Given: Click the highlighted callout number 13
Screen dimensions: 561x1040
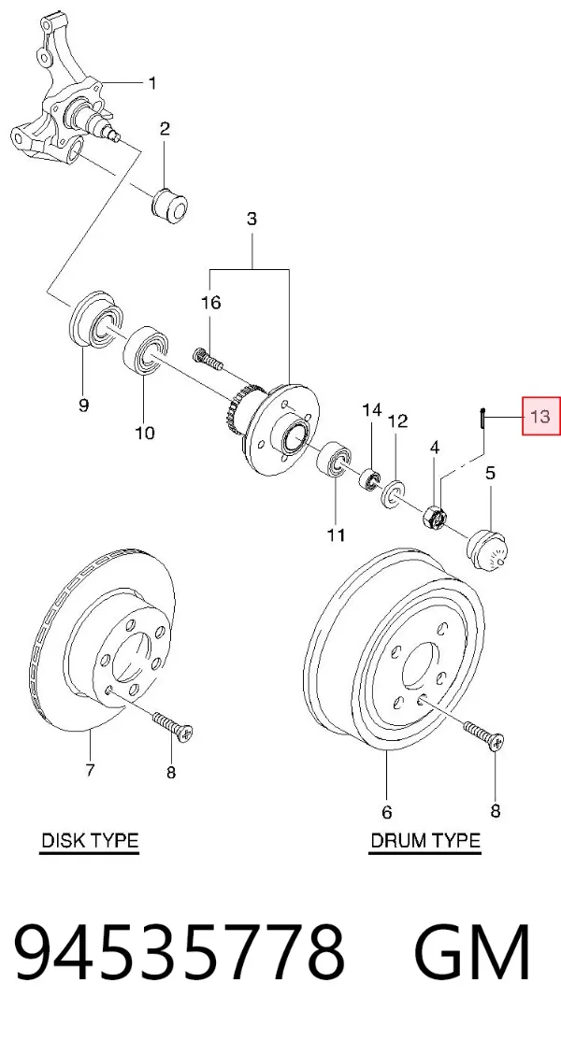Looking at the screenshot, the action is (x=541, y=416).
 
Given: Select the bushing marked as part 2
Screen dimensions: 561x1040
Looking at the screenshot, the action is (x=169, y=204).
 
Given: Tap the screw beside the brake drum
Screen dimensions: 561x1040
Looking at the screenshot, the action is (x=484, y=733).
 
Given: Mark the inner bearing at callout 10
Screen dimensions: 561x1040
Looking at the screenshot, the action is (x=147, y=349).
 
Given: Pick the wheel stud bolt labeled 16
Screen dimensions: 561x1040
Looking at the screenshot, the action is (x=209, y=359).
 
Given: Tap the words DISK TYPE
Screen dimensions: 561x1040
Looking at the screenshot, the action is (x=90, y=840).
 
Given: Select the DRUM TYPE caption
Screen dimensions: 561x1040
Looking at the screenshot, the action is (x=424, y=840).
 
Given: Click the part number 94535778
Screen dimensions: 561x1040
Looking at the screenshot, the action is (x=180, y=952).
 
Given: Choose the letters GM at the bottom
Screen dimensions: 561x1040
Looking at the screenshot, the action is (x=472, y=952).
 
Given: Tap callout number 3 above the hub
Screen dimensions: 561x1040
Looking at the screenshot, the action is (x=252, y=219).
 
